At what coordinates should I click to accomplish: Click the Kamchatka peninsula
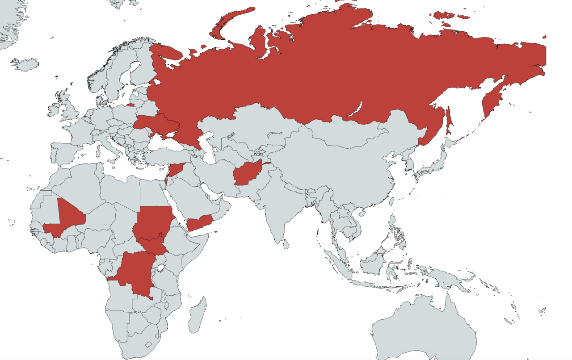pos(492,100)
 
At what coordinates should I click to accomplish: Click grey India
pos(277,210)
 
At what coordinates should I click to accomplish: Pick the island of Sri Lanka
pos(286,244)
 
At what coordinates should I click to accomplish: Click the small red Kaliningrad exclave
pos(130,105)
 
